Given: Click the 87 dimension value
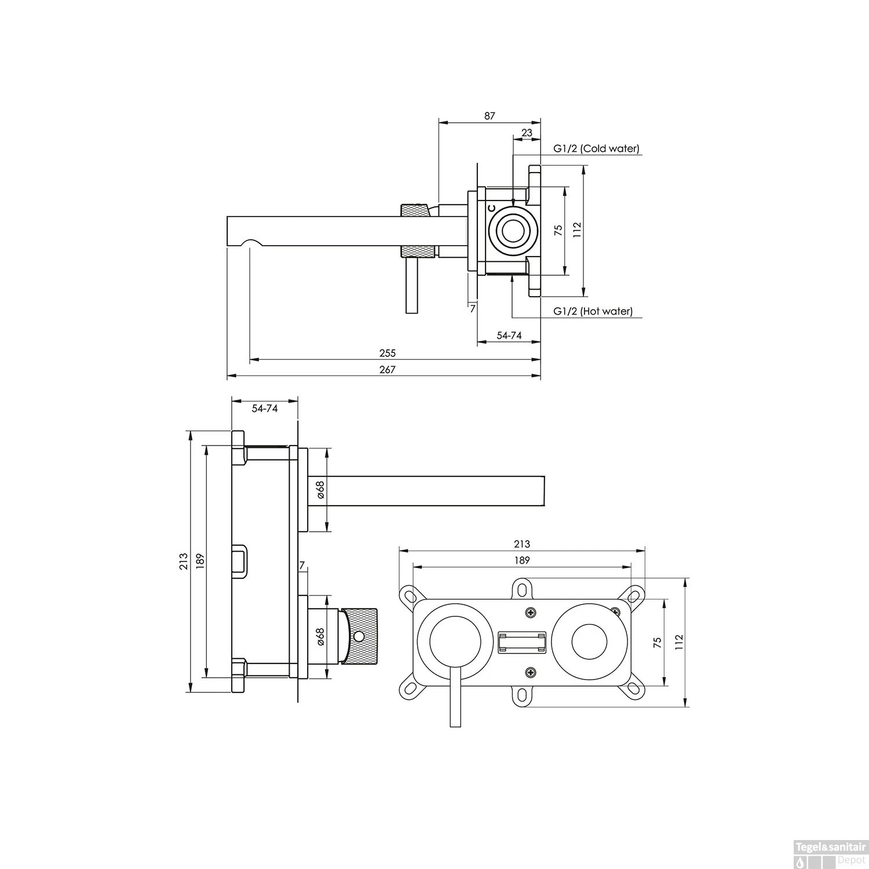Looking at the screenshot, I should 490,116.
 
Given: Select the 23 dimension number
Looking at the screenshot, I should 527,133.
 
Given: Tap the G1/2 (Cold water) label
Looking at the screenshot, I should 596,149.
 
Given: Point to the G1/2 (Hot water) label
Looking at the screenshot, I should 593,312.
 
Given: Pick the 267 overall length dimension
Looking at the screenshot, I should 387,370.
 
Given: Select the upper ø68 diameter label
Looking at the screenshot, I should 320,490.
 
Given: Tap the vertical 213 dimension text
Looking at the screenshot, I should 183,561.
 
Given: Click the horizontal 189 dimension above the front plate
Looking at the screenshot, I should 522,560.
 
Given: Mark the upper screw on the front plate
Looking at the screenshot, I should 531,612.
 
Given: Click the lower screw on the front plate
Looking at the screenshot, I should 531,672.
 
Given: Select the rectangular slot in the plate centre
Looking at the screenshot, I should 522,642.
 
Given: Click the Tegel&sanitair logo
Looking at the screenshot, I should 831,846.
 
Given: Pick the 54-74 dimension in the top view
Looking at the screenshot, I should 509,335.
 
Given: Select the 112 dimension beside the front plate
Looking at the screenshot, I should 680,642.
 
